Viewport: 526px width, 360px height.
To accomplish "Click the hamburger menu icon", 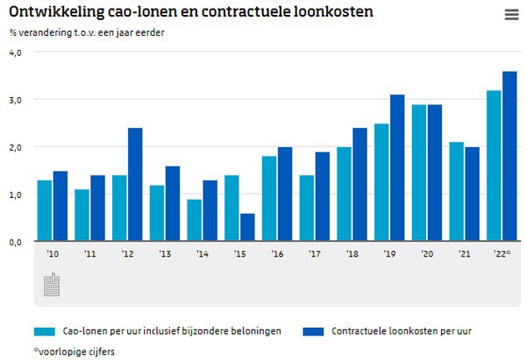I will (512, 14).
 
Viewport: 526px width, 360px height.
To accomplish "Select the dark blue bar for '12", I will (135, 184).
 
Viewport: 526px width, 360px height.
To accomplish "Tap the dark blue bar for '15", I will (248, 227).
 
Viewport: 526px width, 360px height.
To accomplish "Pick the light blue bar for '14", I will (195, 220).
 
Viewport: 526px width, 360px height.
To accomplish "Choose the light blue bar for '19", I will (381, 182).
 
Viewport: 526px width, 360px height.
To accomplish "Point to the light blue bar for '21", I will (457, 191).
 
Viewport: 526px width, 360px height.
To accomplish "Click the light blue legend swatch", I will (44, 331).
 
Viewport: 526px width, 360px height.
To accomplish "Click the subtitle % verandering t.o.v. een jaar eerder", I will (87, 33).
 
